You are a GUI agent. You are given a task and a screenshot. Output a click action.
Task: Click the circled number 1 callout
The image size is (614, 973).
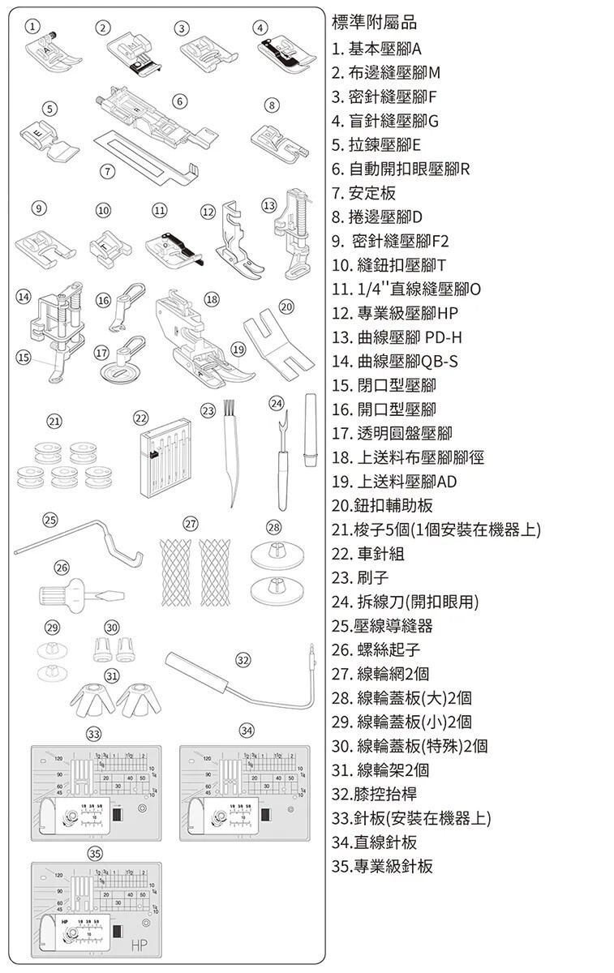click(32, 28)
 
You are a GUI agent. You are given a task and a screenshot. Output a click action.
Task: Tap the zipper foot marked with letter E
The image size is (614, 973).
click(46, 138)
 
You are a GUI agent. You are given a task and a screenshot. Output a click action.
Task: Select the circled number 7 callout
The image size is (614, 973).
click(105, 170)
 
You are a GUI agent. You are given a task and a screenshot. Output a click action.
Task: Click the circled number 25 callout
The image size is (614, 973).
click(50, 519)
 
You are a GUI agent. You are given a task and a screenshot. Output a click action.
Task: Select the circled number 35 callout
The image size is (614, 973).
click(95, 853)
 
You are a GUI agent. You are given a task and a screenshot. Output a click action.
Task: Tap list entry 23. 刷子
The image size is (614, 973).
click(361, 577)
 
